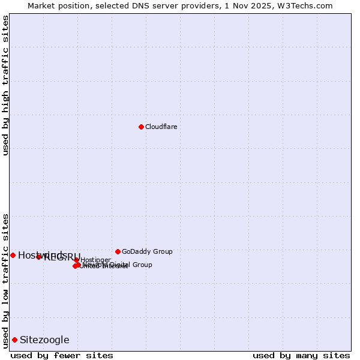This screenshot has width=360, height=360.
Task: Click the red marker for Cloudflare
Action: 141,127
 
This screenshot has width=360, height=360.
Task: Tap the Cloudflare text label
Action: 161,127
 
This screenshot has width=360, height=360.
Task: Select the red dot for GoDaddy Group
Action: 118,251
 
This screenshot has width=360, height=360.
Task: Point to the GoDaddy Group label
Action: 147,251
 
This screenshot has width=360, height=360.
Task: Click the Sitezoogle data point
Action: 14,340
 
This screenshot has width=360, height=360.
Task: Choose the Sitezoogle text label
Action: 44,340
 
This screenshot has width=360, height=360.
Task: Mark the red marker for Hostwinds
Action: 13,255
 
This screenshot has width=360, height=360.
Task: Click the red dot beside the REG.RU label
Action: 39,257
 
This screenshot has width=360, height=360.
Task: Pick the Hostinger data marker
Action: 77,260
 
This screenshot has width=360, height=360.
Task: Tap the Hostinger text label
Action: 96,260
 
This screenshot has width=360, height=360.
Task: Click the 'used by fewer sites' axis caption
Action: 62,355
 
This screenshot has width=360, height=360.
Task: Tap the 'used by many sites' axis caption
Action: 301,355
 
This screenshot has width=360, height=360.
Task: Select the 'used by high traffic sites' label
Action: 5,85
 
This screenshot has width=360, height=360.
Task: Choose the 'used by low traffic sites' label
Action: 5,280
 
